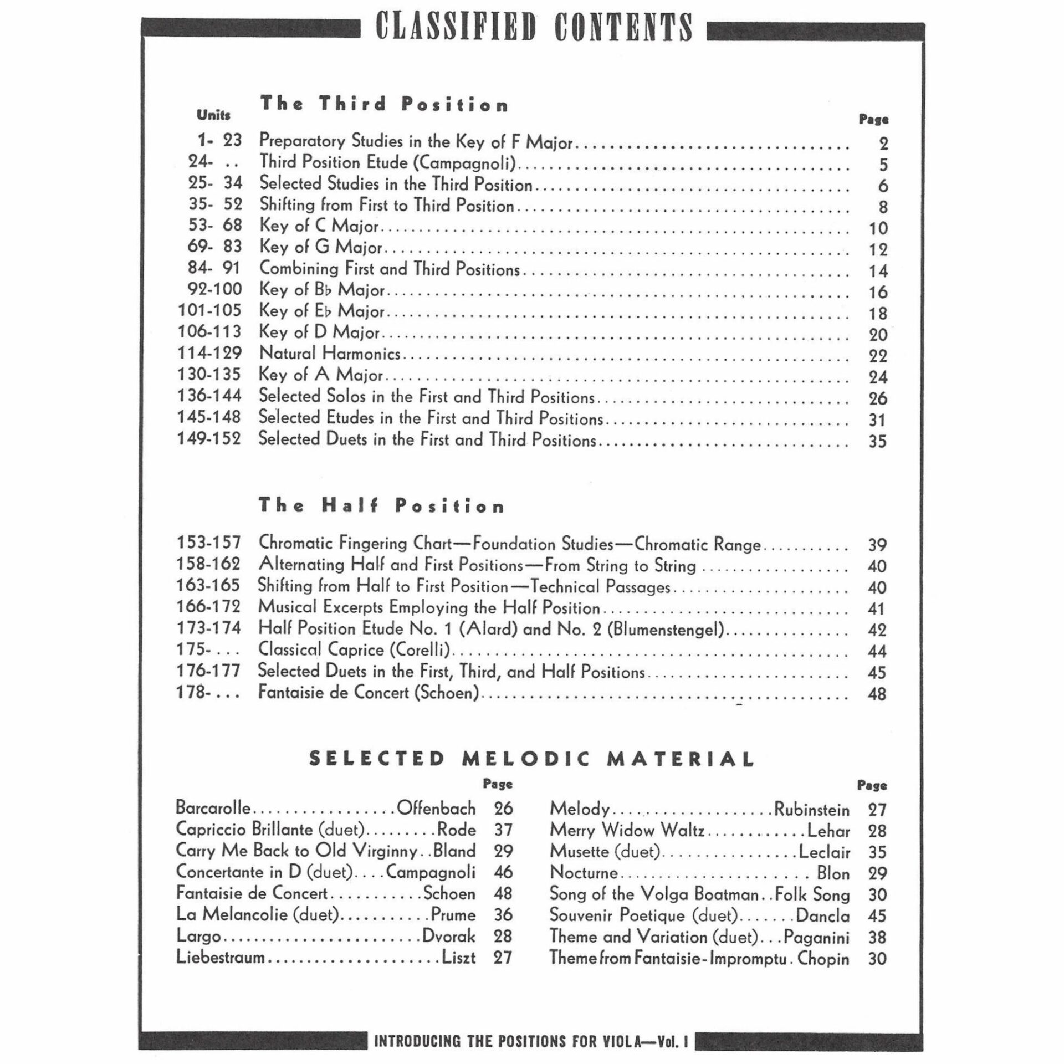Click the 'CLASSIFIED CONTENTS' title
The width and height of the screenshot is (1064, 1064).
tap(534, 28)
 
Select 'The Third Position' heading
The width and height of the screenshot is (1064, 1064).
tap(384, 104)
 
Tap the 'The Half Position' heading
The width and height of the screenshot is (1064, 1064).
tap(381, 505)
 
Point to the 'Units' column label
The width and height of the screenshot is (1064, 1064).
tap(213, 115)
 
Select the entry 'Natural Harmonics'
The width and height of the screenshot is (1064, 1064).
tap(330, 354)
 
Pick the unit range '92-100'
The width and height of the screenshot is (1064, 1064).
tap(210, 289)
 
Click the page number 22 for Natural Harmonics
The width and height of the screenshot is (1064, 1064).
tap(878, 356)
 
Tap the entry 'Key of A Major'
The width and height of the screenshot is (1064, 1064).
tap(321, 375)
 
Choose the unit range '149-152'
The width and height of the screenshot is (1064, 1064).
tap(209, 439)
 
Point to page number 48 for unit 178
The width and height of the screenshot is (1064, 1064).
tap(877, 694)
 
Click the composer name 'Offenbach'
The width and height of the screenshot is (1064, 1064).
tap(436, 809)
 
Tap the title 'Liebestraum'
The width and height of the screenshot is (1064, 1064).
tap(221, 958)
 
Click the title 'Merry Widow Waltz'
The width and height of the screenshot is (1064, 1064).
tap(627, 830)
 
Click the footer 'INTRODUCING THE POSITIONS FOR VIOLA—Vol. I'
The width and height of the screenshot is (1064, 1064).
tap(531, 1041)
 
